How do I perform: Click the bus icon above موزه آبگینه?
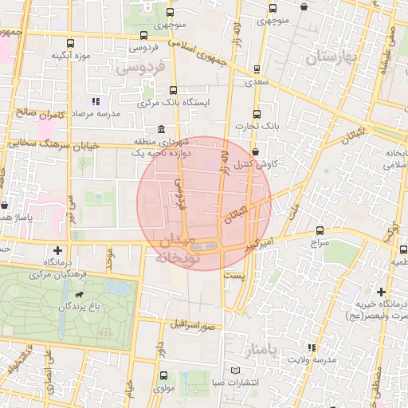[x=70, y=44]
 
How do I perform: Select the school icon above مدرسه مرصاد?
[x=96, y=101]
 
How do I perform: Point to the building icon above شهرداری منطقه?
[x=162, y=129]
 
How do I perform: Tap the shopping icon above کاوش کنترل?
[x=255, y=151]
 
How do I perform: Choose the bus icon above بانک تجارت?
[x=256, y=114]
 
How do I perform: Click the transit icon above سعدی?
[x=256, y=69]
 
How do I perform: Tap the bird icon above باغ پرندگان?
[x=80, y=295]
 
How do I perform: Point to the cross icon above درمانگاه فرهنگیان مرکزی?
[x=57, y=250]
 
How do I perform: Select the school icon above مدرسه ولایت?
[x=312, y=348]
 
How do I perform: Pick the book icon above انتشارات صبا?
[x=233, y=371]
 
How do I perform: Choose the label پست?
[x=233, y=275]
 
